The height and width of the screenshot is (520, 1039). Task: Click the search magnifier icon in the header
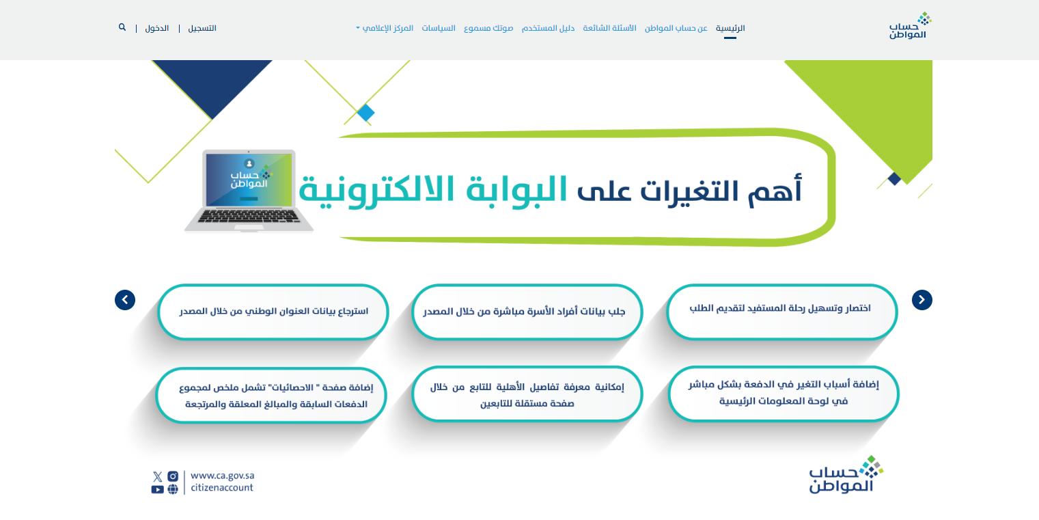122,27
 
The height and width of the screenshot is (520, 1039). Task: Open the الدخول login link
157,28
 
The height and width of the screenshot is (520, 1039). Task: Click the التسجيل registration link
202,28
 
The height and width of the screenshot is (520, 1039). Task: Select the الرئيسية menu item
730,28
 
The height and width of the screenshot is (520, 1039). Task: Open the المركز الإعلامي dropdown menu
385,28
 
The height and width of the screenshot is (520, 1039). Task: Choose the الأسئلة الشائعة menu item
609,28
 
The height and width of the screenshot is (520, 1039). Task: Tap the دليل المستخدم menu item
548,28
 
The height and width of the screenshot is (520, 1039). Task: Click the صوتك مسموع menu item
488,28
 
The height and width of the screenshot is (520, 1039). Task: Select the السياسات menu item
439,28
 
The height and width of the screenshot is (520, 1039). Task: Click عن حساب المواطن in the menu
676,28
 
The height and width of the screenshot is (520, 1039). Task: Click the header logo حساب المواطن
910,26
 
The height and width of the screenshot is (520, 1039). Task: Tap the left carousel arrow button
125,300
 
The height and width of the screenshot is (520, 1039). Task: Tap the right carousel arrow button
922,300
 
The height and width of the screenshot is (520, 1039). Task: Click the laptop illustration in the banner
249,191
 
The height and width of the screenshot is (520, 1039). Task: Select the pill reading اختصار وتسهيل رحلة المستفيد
781,312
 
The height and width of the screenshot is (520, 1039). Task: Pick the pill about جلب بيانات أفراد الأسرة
527,312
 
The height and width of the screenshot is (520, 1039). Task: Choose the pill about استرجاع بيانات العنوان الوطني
273,312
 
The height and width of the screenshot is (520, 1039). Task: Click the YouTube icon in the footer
157,489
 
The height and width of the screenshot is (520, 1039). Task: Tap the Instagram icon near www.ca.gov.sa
173,476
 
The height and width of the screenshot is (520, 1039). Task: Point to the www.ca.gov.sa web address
223,476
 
